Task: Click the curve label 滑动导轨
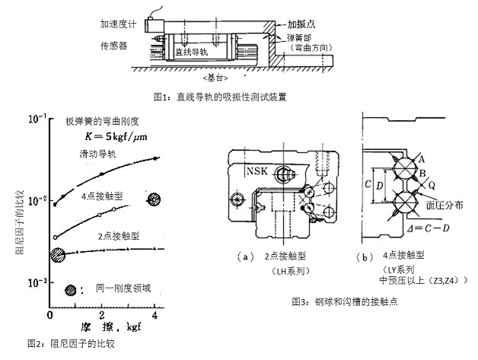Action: (97, 155)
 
